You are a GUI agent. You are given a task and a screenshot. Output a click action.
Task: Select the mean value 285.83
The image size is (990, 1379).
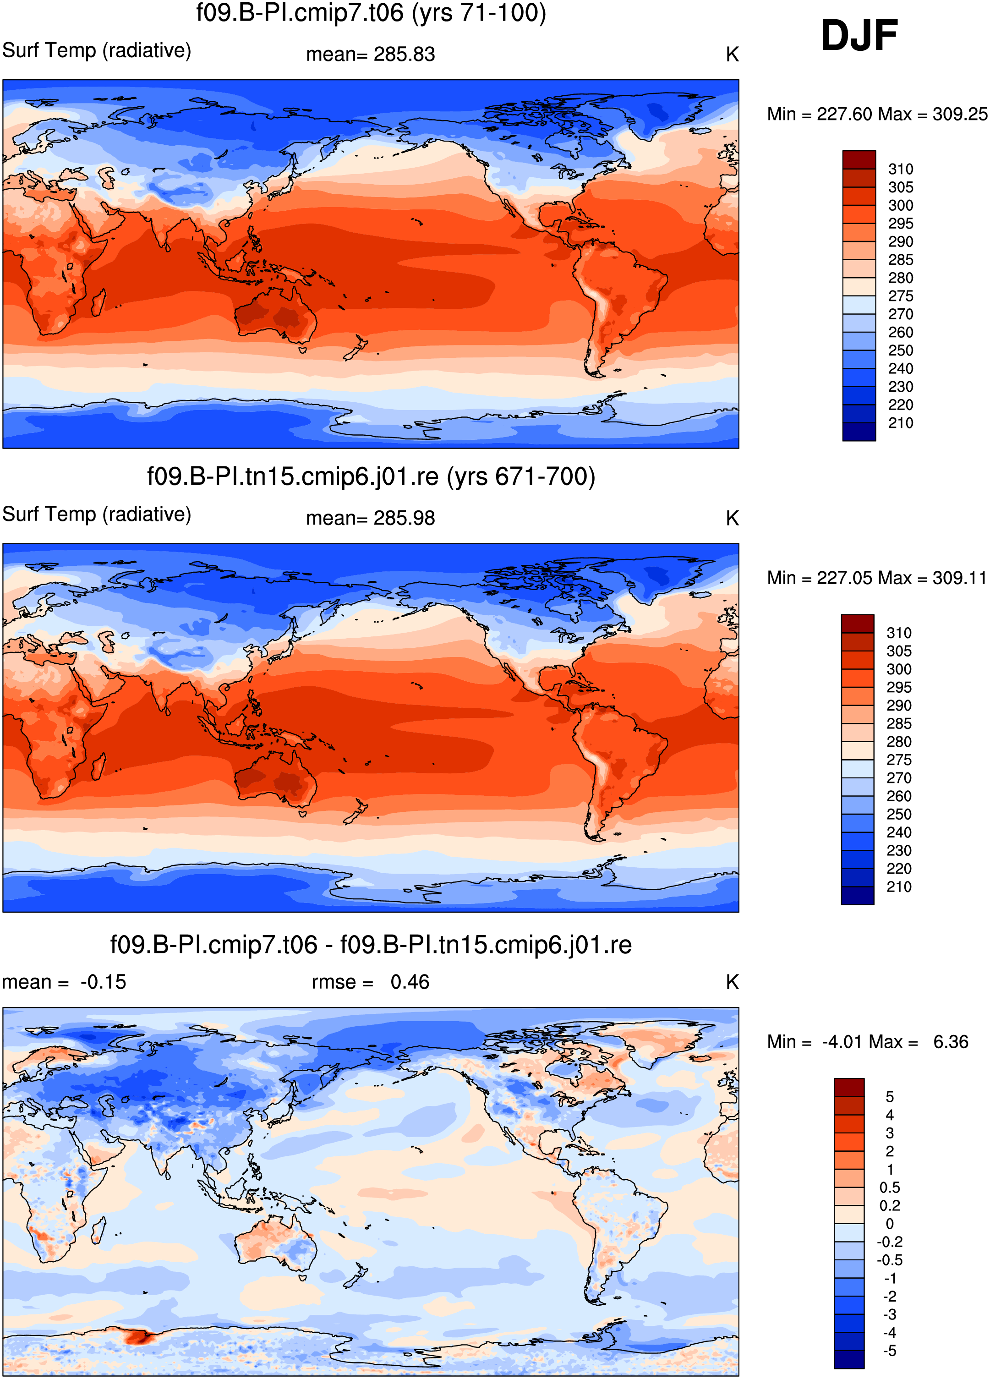(x=405, y=54)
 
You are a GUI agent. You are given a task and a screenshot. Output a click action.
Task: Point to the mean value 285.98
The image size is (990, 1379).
(x=405, y=518)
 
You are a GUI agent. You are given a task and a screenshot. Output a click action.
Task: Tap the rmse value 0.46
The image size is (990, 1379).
(x=410, y=982)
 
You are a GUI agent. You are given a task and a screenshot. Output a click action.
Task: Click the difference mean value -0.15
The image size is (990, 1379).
(x=104, y=982)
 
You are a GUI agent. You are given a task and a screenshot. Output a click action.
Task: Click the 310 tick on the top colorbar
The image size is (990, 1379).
(x=901, y=169)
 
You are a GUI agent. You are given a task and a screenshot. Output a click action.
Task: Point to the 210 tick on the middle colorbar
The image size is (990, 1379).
(x=899, y=886)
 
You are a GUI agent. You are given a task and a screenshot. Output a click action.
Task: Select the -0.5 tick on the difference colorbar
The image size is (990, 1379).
(x=889, y=1260)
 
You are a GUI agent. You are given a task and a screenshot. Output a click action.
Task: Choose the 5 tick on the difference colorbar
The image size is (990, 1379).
(x=890, y=1097)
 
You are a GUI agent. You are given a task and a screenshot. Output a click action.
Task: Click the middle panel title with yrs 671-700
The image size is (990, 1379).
(x=371, y=476)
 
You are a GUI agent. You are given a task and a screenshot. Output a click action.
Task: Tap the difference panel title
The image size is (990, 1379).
(x=371, y=945)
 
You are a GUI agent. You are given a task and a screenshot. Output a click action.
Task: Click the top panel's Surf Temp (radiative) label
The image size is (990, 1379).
(x=97, y=50)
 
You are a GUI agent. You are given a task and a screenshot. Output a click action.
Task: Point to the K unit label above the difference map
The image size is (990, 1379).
(x=732, y=982)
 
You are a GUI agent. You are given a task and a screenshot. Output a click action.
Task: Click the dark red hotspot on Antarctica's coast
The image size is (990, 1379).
(x=139, y=1337)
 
